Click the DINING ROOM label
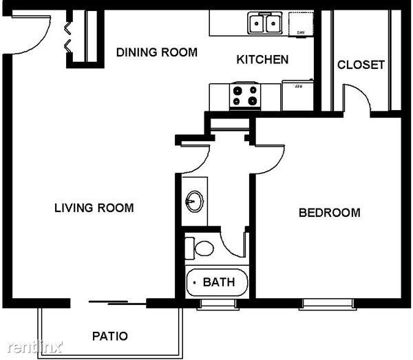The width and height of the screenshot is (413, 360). [x=156, y=52]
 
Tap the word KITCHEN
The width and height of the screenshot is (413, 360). [x=262, y=60]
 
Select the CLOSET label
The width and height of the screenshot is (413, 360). [x=361, y=65]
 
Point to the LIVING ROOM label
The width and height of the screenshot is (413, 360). [x=94, y=208]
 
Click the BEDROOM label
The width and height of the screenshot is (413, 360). [x=329, y=213]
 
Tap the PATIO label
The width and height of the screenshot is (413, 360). [x=109, y=337]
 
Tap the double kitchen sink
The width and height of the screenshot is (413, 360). [x=264, y=25]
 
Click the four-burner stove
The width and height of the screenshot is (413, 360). [x=245, y=96]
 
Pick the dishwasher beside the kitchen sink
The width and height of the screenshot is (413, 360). [x=300, y=24]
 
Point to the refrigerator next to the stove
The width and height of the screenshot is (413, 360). [x=297, y=94]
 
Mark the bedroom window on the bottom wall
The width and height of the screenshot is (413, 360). [x=327, y=303]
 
